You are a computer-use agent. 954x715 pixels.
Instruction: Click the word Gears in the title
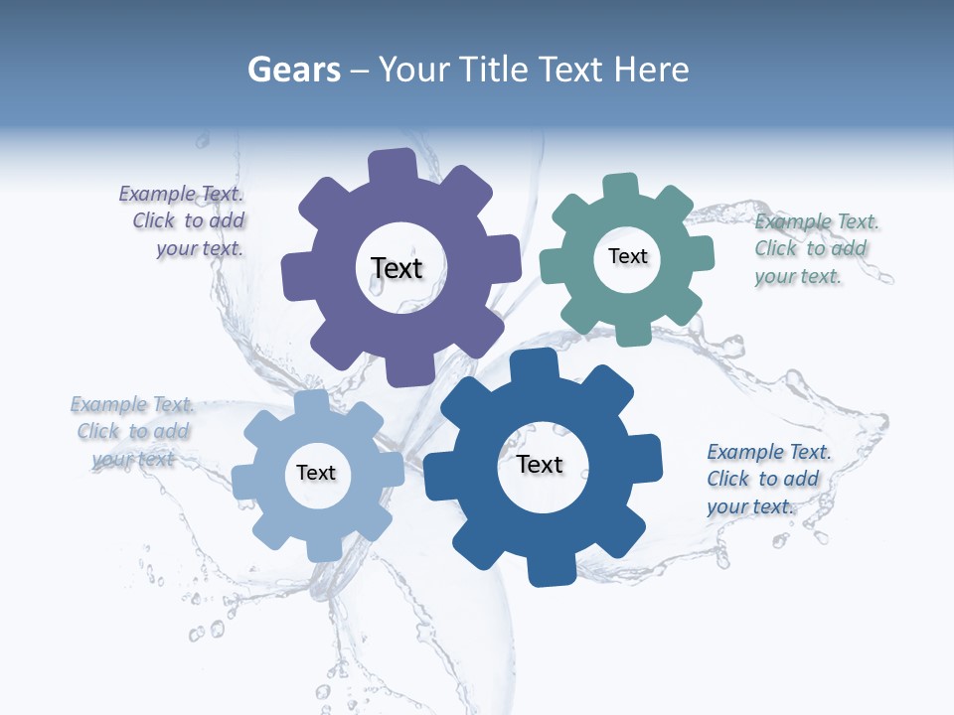coord(292,70)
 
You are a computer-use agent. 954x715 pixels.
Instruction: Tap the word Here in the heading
coord(651,70)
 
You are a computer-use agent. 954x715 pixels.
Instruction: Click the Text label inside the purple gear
coord(397,268)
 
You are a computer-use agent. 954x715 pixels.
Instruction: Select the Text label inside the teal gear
coord(627,256)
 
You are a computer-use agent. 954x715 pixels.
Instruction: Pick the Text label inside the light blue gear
coord(316,473)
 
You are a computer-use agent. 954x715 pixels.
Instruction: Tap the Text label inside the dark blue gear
coord(540,464)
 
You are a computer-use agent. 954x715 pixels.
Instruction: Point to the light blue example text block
coord(132,431)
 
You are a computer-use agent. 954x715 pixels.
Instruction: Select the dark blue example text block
coord(765,479)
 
